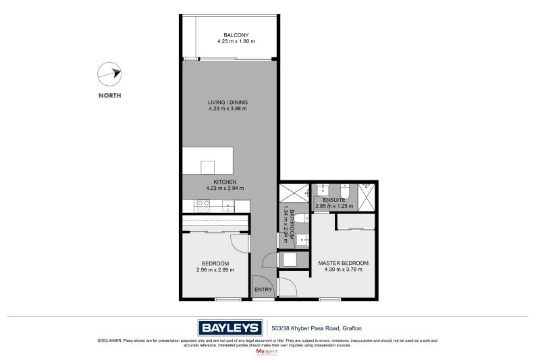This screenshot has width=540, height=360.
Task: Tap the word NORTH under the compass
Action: (x=109, y=96)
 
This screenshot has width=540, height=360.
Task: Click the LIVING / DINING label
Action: (x=227, y=103)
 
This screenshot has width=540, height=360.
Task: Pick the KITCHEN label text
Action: (x=224, y=182)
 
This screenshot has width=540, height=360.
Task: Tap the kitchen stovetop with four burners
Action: (x=203, y=206)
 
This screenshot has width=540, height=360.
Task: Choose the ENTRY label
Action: (x=263, y=290)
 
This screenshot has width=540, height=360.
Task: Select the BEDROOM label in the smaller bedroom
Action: (x=215, y=263)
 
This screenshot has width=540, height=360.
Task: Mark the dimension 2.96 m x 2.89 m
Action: (x=215, y=270)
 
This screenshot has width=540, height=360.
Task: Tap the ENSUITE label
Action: (x=334, y=200)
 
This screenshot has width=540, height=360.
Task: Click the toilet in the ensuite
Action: (x=344, y=192)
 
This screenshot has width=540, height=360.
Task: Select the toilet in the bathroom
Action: (x=300, y=219)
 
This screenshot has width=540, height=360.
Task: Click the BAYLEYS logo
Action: (x=230, y=328)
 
